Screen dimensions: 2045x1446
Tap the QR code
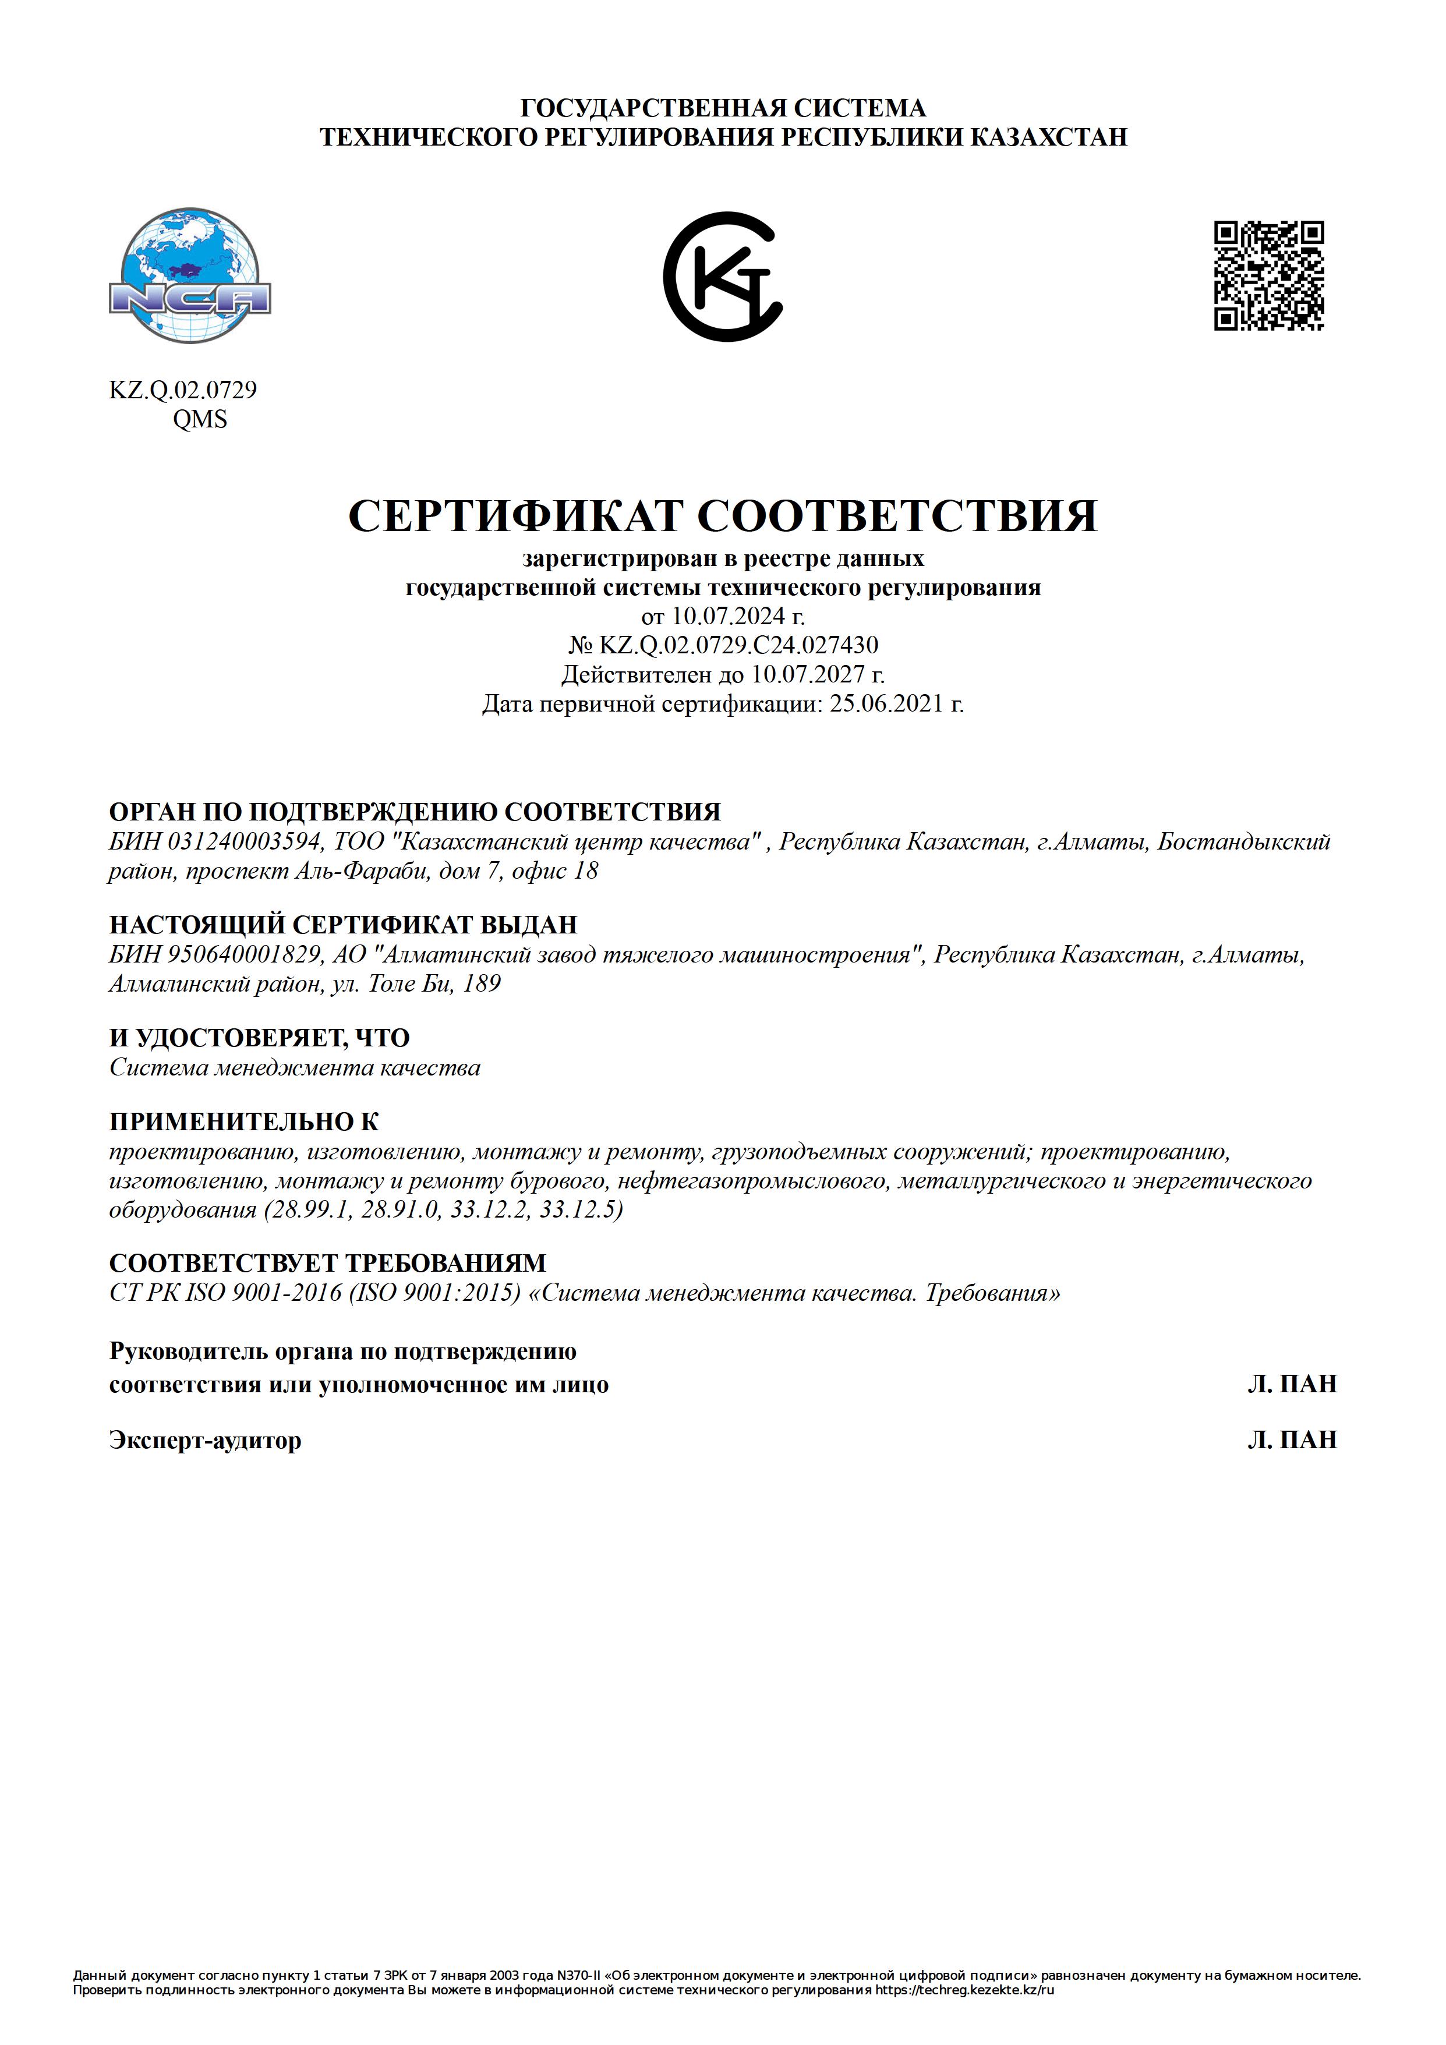[1269, 276]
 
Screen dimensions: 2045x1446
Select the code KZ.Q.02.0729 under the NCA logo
[183, 390]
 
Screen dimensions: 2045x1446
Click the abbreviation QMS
[200, 419]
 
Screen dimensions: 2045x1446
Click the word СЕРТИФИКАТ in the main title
[516, 516]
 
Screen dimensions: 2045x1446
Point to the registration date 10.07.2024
[728, 615]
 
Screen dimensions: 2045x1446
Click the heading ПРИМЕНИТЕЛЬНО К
[244, 1121]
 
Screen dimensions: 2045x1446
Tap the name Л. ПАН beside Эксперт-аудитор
[1292, 1440]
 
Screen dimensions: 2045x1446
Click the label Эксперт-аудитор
[205, 1440]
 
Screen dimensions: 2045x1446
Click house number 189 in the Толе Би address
[482, 984]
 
